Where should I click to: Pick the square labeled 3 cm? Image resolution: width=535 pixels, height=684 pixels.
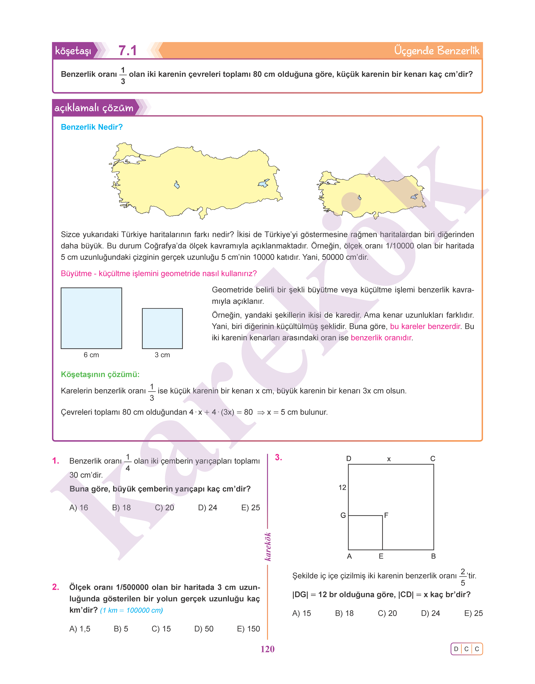pyautogui.click(x=162, y=328)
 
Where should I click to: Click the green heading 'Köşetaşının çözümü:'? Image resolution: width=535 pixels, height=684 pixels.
pyautogui.click(x=100, y=374)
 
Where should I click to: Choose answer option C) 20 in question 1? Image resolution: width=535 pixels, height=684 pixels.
pyautogui.click(x=164, y=508)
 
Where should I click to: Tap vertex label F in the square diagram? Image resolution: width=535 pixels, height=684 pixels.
pyautogui.click(x=386, y=515)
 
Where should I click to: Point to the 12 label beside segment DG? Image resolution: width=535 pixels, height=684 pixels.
pyautogui.click(x=342, y=487)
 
